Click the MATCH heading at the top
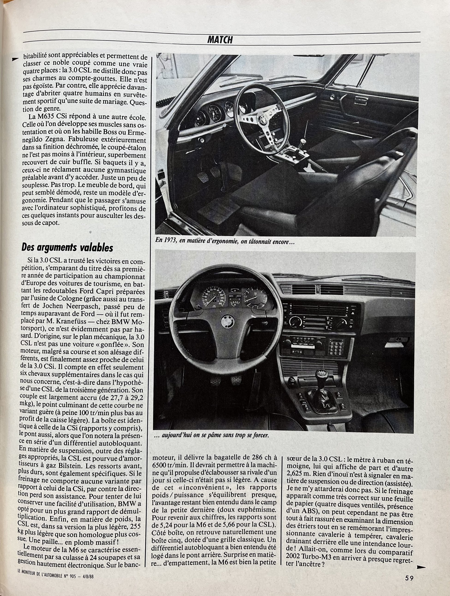click(x=220, y=40)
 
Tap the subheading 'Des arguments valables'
click(x=67, y=247)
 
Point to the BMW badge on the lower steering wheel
click(x=228, y=322)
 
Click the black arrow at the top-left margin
click(x=16, y=58)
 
